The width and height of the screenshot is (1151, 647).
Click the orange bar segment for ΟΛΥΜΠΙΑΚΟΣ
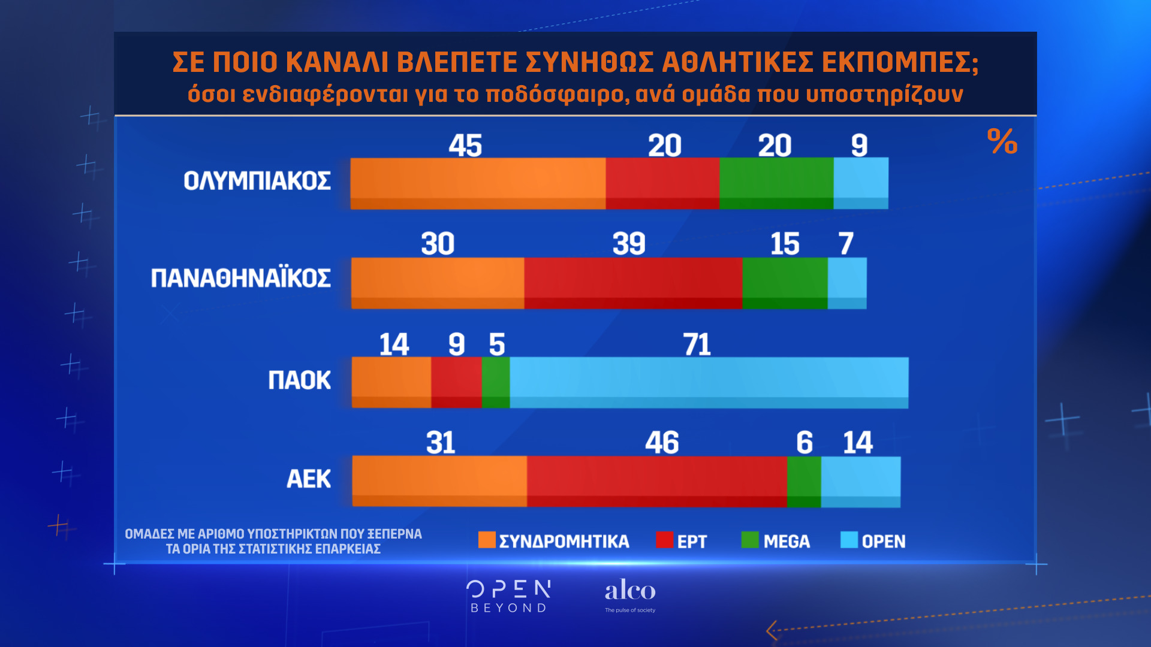click(478, 183)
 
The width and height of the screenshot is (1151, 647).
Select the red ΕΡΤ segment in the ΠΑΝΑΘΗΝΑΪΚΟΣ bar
click(633, 283)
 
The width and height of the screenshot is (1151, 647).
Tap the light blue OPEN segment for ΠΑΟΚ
click(709, 382)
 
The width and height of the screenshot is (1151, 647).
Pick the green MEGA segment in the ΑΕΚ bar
click(804, 481)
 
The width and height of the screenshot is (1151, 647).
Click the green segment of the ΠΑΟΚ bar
click(496, 382)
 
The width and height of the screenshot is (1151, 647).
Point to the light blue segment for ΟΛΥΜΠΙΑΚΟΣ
click(861, 183)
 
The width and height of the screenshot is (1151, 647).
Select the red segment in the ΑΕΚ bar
click(657, 481)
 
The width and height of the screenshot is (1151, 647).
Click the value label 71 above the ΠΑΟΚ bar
click(697, 344)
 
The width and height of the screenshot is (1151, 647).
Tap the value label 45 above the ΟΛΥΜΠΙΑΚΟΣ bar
click(465, 146)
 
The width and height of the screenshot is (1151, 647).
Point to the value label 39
click(629, 244)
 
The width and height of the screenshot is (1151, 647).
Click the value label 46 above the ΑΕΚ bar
click(662, 443)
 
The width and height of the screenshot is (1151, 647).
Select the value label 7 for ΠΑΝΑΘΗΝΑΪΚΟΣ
click(845, 244)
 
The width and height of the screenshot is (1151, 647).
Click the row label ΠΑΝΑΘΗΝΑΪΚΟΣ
click(240, 278)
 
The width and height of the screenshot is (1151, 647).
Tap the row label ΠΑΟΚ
click(299, 380)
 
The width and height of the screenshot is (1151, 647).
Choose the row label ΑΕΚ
click(309, 479)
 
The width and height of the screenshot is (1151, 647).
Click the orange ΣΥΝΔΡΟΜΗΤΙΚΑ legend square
click(487, 540)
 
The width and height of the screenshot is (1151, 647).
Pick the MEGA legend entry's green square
click(749, 540)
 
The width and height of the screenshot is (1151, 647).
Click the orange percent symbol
click(1002, 141)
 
